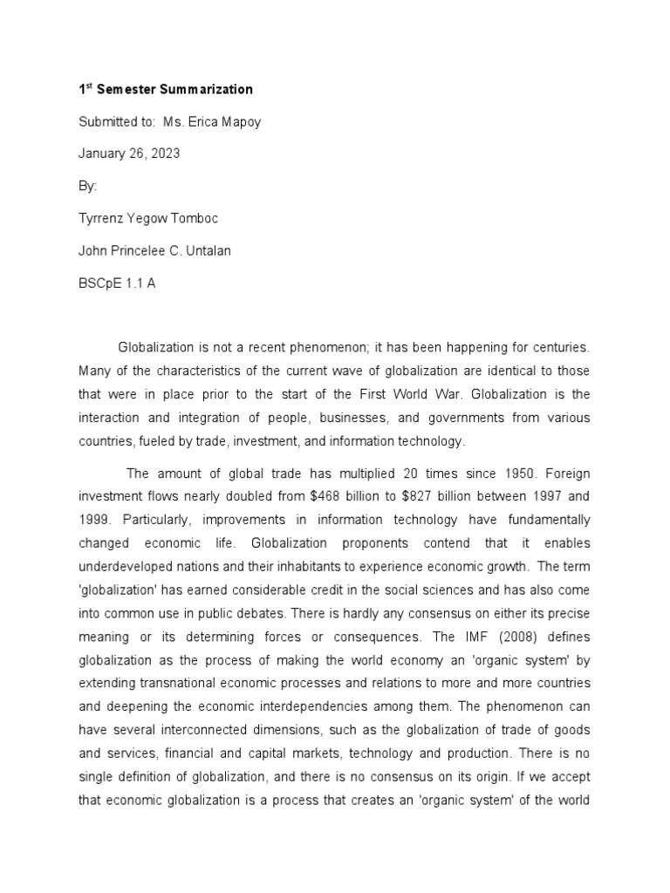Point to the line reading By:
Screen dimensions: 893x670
pyautogui.click(x=88, y=186)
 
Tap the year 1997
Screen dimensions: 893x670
pyautogui.click(x=548, y=496)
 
